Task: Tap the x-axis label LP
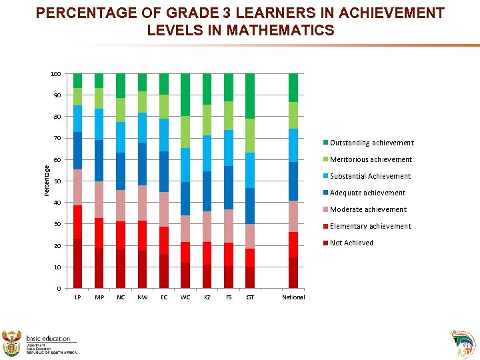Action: point(78,297)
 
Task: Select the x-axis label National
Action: point(293,297)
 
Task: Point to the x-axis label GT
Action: point(249,297)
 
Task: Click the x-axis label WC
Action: point(185,297)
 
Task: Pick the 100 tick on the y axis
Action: point(56,74)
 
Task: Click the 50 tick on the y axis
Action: point(57,181)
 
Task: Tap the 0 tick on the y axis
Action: point(59,289)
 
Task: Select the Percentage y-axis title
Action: point(46,181)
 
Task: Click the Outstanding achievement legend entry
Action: point(371,143)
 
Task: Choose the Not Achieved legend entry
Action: point(351,243)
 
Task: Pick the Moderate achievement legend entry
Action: point(368,209)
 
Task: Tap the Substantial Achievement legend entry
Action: point(370,176)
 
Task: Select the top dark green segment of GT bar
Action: point(250,96)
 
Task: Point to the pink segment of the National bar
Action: point(293,216)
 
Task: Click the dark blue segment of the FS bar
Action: point(229,187)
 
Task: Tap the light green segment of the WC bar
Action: point(185,132)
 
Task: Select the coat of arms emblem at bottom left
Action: point(13,342)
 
